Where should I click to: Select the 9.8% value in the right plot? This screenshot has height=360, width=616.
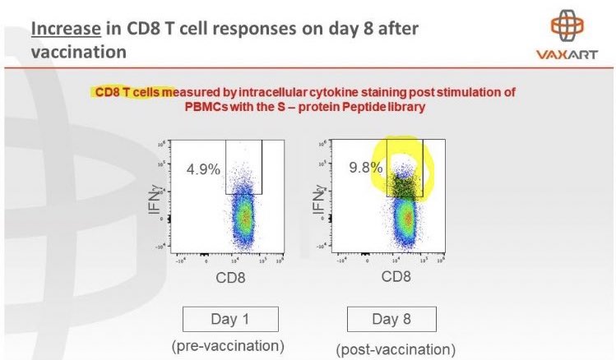click(364, 167)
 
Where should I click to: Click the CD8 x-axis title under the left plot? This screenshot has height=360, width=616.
click(228, 278)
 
